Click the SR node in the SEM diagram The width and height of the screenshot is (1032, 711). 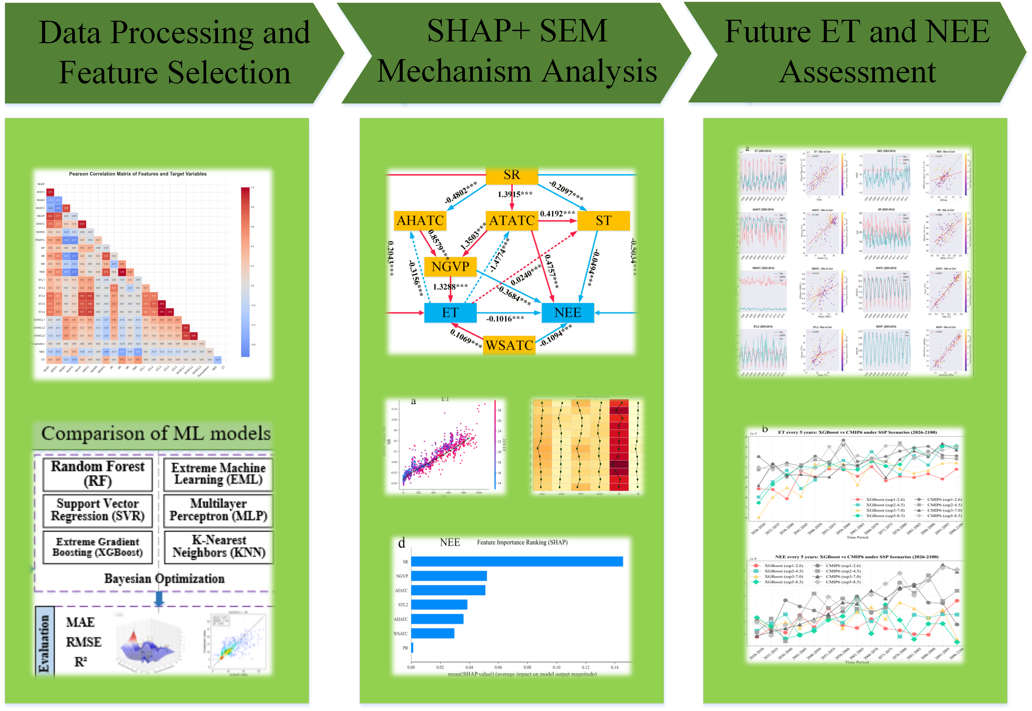tap(511, 175)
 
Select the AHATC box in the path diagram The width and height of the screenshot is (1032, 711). tap(420, 220)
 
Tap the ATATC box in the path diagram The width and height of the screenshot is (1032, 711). tap(511, 220)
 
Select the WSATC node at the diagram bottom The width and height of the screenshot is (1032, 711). tap(509, 345)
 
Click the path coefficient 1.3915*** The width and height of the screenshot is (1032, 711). tap(515, 194)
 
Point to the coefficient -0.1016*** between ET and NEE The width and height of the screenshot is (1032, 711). tap(505, 319)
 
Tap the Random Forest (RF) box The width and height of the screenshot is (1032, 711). tap(98, 473)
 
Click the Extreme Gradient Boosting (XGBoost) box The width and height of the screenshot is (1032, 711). tap(98, 547)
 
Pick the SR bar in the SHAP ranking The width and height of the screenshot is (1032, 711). tap(516, 561)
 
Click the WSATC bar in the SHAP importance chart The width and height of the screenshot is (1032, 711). tap(432, 633)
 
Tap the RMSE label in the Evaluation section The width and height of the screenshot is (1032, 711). tap(83, 642)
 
